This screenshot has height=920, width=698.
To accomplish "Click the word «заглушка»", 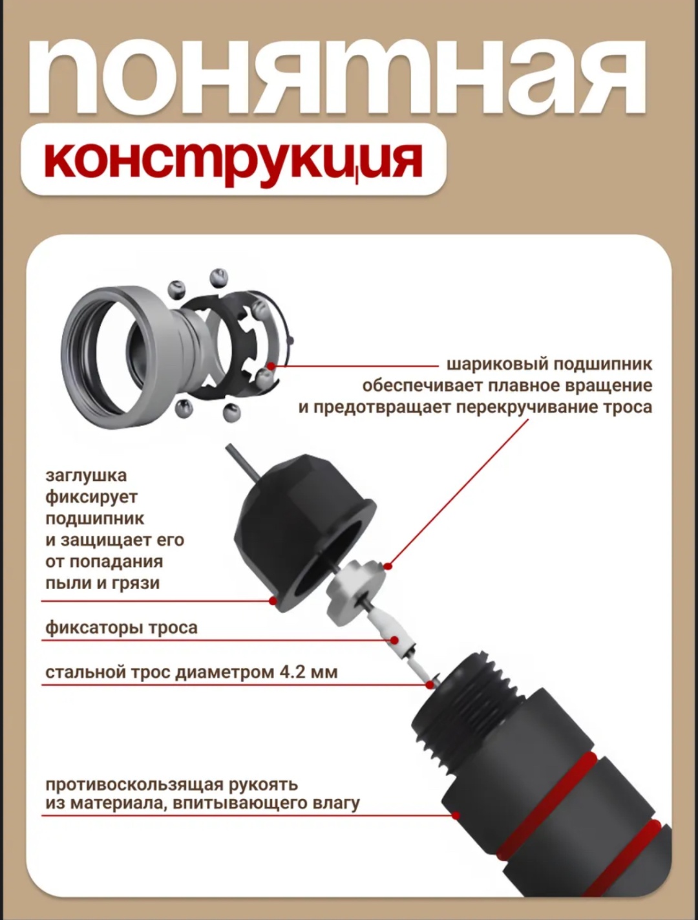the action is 86,476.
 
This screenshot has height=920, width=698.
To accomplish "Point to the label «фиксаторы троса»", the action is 121,628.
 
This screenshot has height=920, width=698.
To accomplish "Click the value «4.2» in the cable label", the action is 291,672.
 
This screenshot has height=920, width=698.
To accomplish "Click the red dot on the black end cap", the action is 273,601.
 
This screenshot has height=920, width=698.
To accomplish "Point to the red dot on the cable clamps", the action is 394,641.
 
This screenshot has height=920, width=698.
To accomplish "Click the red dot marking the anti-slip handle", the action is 456,815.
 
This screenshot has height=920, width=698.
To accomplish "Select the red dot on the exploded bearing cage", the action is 271,366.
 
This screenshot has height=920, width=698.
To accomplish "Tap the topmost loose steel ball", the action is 218,277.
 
